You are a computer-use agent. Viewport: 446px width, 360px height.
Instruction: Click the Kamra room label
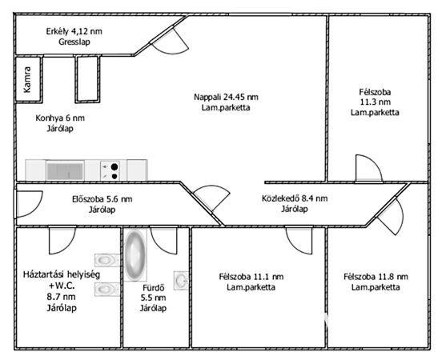27,79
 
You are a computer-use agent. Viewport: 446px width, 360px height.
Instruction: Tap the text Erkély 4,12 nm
74,31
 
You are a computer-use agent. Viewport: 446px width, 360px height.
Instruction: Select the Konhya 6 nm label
60,118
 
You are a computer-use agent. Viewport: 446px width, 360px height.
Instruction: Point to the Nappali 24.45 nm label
226,97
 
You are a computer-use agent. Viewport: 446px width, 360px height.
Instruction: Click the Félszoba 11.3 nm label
375,97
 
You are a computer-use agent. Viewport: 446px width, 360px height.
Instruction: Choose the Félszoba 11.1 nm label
251,277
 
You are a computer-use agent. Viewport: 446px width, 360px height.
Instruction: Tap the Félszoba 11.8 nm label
376,277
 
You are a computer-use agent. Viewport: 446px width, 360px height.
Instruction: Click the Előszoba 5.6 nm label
102,199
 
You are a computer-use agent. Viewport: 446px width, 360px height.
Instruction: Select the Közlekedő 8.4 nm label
295,198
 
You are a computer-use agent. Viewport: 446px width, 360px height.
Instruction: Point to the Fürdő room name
153,288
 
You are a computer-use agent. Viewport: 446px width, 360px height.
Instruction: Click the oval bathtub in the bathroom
135,255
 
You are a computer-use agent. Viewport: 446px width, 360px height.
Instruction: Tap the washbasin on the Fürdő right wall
181,281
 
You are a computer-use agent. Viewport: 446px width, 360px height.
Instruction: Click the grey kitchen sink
65,171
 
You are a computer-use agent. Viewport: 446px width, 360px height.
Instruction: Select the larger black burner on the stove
115,166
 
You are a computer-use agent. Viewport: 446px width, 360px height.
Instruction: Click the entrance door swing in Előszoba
30,204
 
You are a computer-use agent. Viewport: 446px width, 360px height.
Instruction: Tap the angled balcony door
170,39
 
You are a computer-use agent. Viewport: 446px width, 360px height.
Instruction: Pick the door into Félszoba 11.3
368,168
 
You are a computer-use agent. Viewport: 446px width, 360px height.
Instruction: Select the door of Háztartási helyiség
62,240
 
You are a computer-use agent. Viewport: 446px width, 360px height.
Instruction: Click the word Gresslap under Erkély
74,42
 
